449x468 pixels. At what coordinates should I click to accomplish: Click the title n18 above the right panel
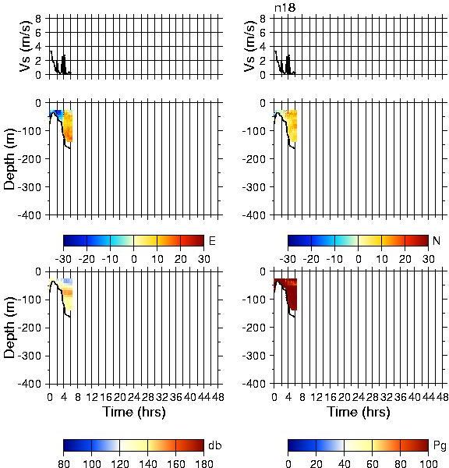tap(285, 8)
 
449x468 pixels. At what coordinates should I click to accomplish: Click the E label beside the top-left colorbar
tap(212, 240)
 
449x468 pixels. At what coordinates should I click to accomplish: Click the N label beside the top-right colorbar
tap(437, 240)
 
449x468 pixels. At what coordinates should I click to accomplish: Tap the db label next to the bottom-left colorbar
tap(215, 445)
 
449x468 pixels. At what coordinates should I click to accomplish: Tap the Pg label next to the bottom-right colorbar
tap(440, 446)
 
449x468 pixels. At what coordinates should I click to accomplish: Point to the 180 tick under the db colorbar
tap(203, 463)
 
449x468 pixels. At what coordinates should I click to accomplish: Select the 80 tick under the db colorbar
tap(64, 463)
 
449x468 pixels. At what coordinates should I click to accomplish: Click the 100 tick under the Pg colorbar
tap(428, 463)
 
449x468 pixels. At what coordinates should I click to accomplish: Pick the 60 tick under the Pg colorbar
tap(372, 463)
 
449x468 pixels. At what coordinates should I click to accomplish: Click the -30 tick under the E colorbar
tap(63, 259)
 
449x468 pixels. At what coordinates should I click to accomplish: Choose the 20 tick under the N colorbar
tap(405, 259)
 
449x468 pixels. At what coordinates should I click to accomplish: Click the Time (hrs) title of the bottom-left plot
tap(134, 412)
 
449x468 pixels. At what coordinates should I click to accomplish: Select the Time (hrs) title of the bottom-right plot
tap(359, 412)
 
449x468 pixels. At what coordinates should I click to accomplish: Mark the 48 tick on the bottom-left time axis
tap(218, 397)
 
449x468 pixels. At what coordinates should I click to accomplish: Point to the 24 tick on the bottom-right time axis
tap(359, 397)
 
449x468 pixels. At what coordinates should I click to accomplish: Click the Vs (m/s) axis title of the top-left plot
tap(26, 46)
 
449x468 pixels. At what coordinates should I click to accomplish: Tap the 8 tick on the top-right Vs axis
tap(263, 19)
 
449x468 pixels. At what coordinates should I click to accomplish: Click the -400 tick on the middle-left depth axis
tap(30, 215)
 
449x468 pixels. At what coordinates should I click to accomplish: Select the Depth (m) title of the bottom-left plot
tap(9, 328)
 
